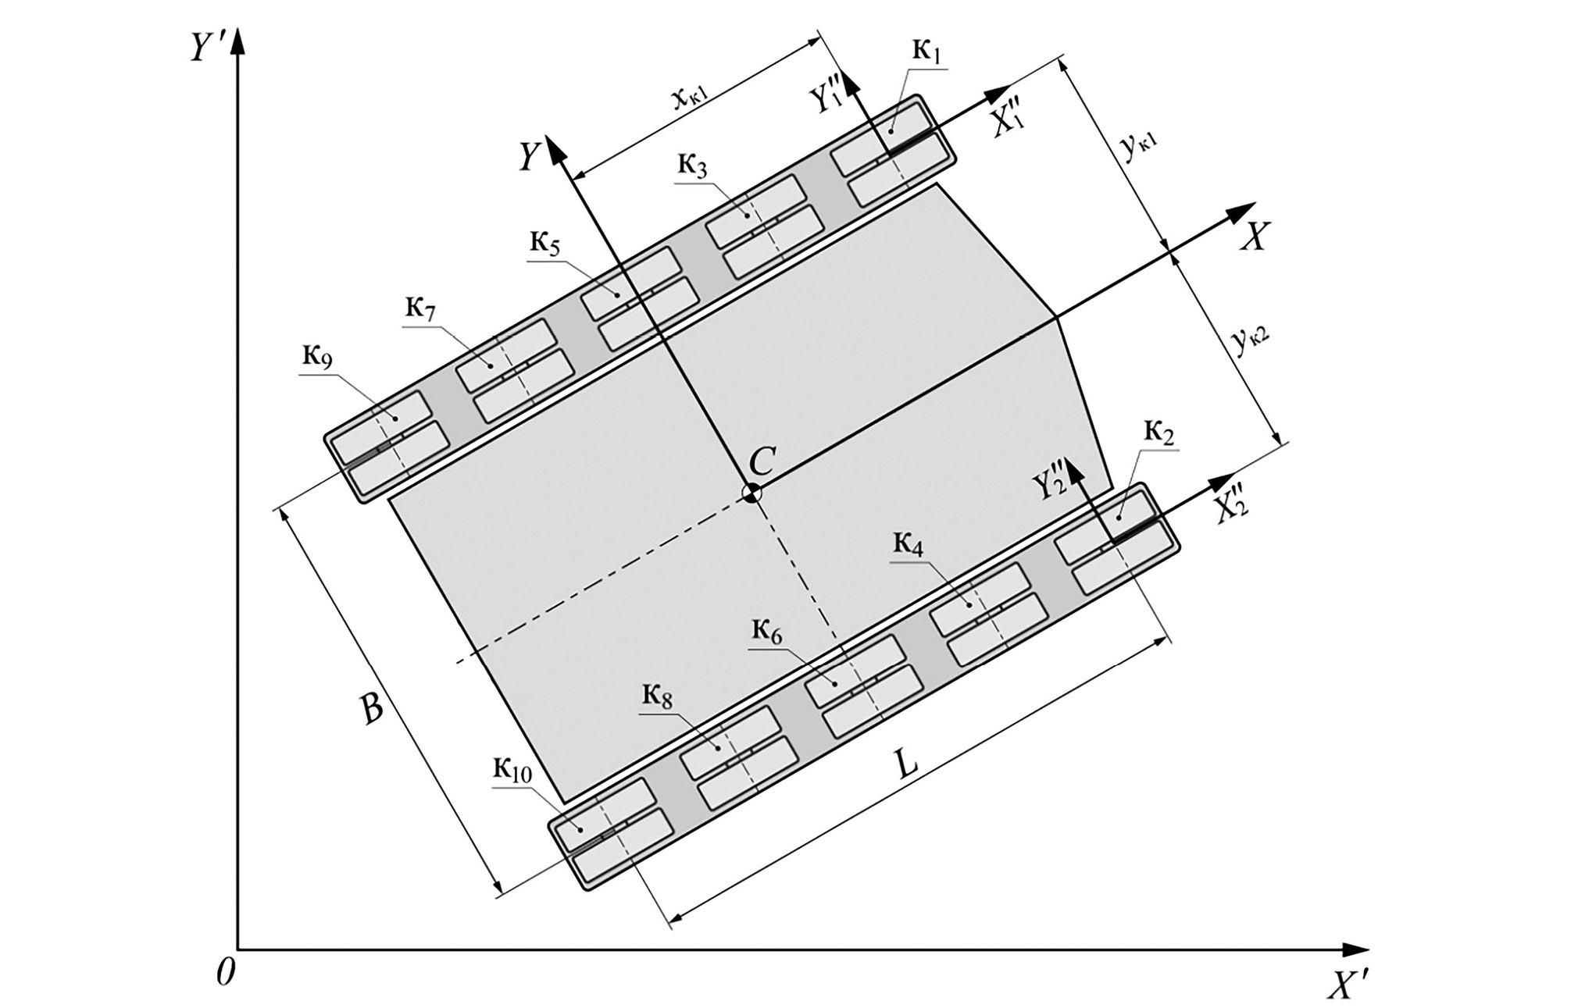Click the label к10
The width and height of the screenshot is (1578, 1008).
512,771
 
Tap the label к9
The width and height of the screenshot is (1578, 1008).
317,358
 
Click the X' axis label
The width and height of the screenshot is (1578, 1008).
1348,986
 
